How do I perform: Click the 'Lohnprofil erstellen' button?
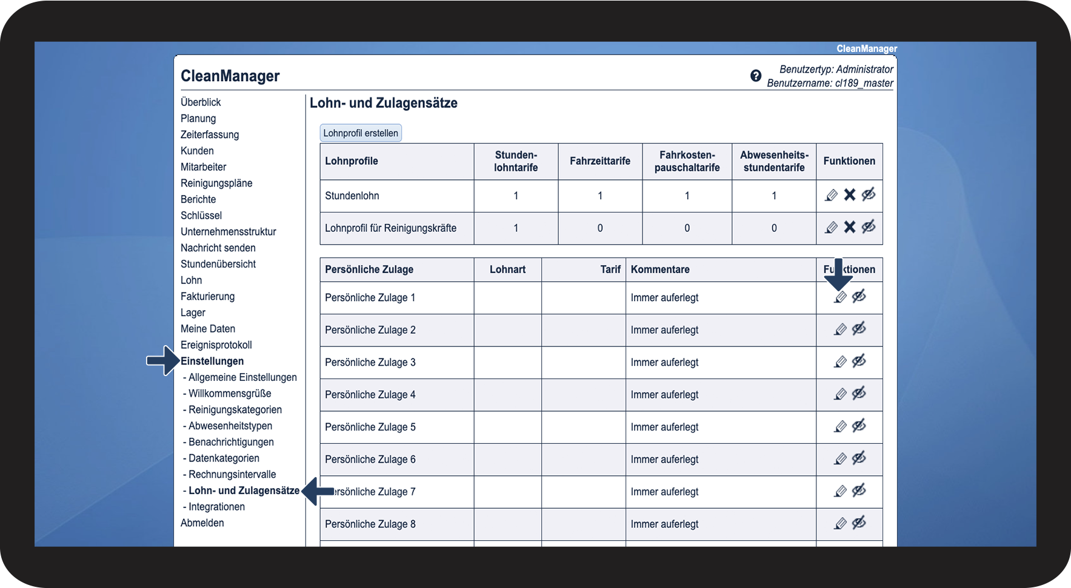[x=361, y=133]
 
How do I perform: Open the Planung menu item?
[x=198, y=119]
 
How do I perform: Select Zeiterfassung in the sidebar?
[x=210, y=134]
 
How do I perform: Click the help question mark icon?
[x=756, y=76]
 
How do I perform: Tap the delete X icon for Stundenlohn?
[x=850, y=195]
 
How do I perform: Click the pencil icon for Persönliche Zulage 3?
[x=840, y=362]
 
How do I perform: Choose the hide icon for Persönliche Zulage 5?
[x=859, y=426]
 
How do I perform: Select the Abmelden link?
[x=202, y=523]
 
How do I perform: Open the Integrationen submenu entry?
[x=216, y=507]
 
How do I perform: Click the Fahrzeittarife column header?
[x=600, y=161]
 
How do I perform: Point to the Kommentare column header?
[x=660, y=269]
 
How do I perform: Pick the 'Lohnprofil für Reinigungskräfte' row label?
[x=391, y=228]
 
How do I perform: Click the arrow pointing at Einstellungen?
[x=162, y=361]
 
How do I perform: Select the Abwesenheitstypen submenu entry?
[x=230, y=426]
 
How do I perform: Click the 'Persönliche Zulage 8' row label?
[x=370, y=524]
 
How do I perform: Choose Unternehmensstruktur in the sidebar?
[x=229, y=231]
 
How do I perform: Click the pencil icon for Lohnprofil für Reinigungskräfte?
[x=831, y=228]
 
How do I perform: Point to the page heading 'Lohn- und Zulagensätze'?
[x=384, y=103]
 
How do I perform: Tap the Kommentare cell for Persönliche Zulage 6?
[x=665, y=459]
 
